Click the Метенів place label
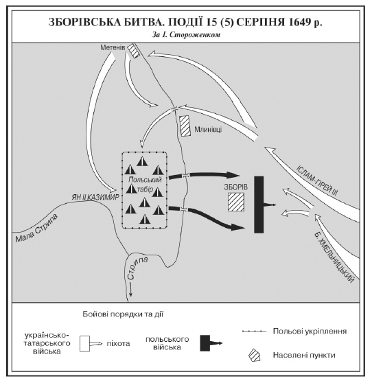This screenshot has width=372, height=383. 113,47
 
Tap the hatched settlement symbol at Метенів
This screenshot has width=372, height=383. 135,51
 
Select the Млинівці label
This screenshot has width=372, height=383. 208,130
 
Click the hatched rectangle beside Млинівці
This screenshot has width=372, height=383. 185,126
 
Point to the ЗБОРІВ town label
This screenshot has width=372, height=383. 236,187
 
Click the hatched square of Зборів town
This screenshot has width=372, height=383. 236,202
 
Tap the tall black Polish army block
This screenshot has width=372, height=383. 259,205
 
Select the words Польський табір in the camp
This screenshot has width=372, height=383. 145,184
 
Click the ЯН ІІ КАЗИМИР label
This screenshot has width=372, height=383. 95,197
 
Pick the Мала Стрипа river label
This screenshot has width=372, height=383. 37,228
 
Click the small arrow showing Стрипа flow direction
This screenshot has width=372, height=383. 131,289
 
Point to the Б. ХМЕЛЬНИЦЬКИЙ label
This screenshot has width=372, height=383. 334,257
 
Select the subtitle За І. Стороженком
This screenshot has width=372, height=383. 186,35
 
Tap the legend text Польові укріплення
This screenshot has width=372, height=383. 310,332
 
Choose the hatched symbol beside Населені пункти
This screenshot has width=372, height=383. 254,355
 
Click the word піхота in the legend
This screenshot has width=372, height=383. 118,344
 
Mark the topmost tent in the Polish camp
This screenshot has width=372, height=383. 142,161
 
